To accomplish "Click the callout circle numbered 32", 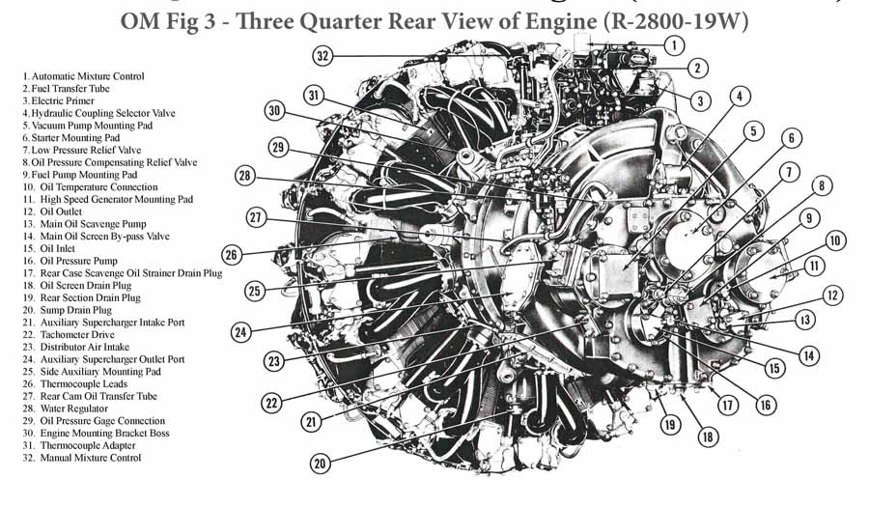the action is click(322, 55).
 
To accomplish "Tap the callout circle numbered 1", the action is click(674, 45).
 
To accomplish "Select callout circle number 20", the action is click(320, 463).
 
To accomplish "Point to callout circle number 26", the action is click(232, 255).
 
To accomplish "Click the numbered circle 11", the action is click(814, 266).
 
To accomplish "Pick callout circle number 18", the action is click(708, 437).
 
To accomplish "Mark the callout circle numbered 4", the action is click(740, 97).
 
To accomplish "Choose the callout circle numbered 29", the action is click(278, 148).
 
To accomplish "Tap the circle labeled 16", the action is click(766, 405).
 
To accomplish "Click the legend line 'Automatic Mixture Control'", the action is click(83, 76).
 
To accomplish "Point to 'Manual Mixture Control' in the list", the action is click(82, 458).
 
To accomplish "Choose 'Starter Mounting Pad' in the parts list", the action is click(70, 138).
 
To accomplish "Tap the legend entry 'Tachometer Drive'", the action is click(69, 335).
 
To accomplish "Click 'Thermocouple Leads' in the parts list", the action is click(74, 384).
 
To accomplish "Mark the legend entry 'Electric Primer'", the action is click(58, 100).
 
